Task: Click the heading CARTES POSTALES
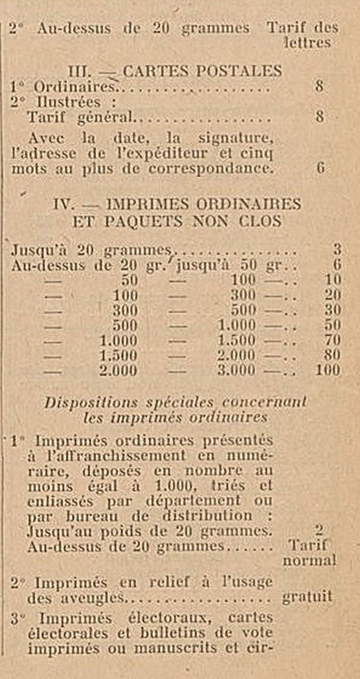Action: pyautogui.click(x=202, y=70)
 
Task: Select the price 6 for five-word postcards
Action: pyautogui.click(x=320, y=169)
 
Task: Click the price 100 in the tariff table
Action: pyautogui.click(x=328, y=370)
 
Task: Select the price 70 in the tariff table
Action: pyautogui.click(x=331, y=340)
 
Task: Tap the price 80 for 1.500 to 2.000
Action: pyautogui.click(x=331, y=355)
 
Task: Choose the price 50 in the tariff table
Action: pyautogui.click(x=331, y=325)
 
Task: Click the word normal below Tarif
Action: pyautogui.click(x=308, y=561)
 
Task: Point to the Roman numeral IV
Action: pyautogui.click(x=63, y=204)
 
